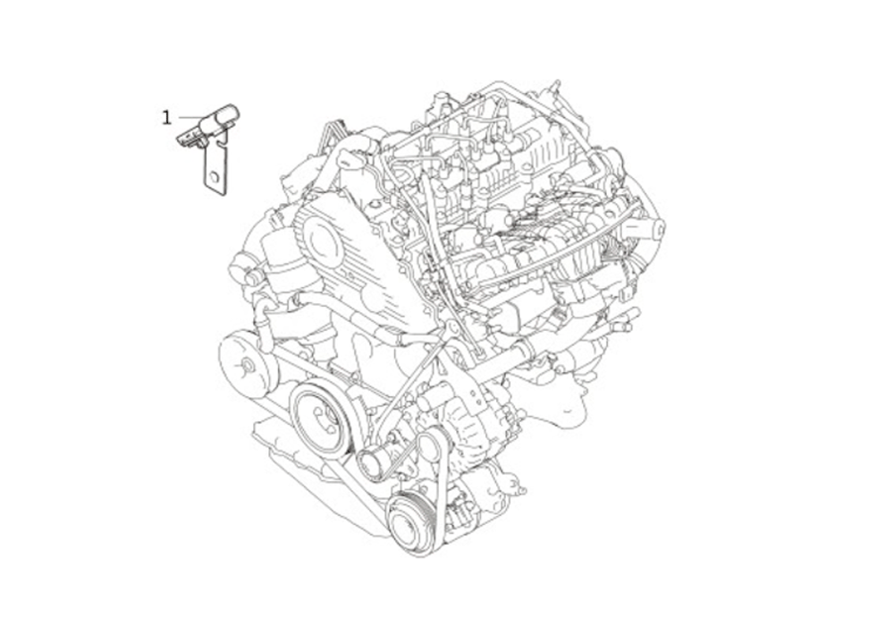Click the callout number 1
(x=166, y=117)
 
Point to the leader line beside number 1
(x=190, y=117)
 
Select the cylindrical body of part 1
(x=222, y=118)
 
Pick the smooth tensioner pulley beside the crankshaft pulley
(x=374, y=464)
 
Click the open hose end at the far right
(x=658, y=230)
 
